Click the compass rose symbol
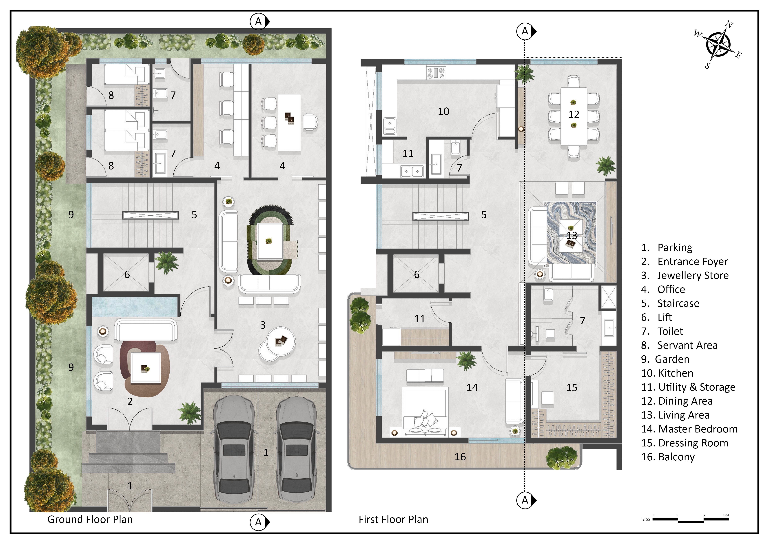[718, 45]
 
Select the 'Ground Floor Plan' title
[90, 519]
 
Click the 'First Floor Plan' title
[393, 519]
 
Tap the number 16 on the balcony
[460, 457]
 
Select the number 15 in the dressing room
[572, 388]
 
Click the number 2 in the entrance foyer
[130, 401]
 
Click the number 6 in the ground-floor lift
[127, 275]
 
